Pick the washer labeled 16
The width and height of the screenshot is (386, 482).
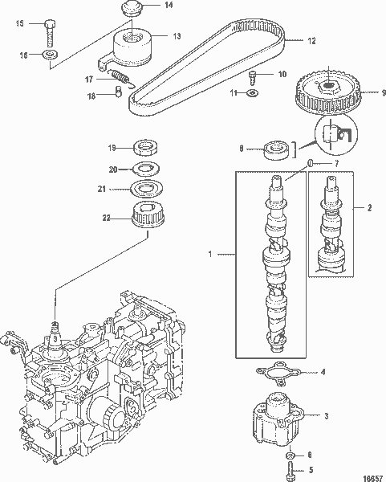[51, 55]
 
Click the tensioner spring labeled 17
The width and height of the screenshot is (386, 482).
[121, 78]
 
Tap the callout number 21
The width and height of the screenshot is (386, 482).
[113, 189]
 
